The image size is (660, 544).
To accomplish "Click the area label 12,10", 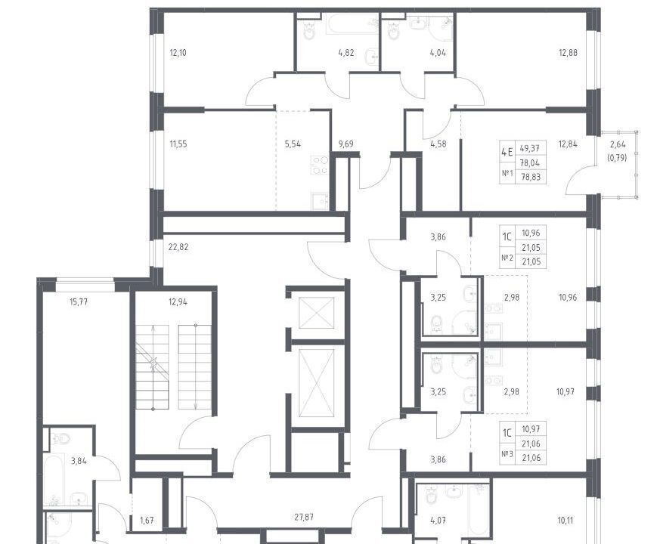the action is [x=178, y=53].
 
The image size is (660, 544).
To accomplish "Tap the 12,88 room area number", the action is [x=568, y=53].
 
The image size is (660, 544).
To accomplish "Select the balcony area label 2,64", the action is [x=618, y=144].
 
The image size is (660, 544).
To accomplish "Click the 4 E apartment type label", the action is [x=507, y=152].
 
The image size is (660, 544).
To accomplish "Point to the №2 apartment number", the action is [x=507, y=258].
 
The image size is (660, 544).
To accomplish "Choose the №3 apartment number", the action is [x=507, y=454].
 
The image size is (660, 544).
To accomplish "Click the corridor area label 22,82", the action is [x=178, y=247].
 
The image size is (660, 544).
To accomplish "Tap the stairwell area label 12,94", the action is [x=178, y=302].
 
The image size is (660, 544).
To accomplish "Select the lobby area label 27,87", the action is [x=304, y=518].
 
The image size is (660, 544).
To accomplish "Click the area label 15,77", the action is [x=79, y=302].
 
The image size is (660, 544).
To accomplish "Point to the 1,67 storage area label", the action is [x=147, y=521].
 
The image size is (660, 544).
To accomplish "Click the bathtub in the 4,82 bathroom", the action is [x=352, y=24].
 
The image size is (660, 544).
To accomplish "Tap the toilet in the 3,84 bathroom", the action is [x=63, y=437].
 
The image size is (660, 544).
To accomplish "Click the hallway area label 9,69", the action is [x=345, y=144].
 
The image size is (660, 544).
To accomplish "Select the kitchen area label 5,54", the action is [x=293, y=144].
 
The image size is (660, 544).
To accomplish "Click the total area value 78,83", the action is [x=531, y=177].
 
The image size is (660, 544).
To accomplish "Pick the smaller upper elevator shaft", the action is [x=316, y=313].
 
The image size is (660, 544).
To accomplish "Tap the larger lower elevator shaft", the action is [x=316, y=383].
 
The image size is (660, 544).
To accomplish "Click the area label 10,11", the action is [x=565, y=521].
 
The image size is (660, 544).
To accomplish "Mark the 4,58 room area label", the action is [x=438, y=144].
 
